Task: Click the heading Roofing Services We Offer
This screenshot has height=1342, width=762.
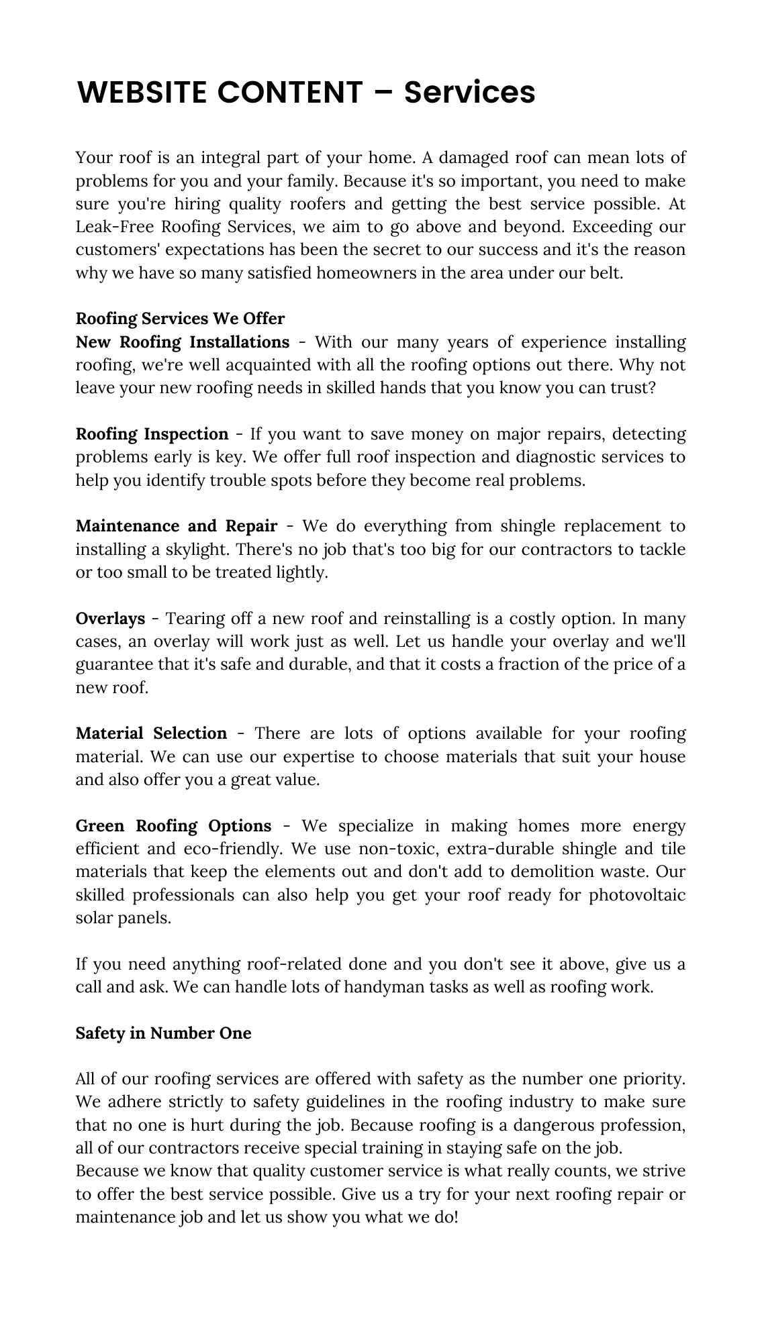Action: pos(180,318)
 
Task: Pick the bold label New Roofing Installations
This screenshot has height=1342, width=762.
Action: pos(182,342)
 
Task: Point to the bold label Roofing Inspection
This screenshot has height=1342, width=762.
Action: pos(152,434)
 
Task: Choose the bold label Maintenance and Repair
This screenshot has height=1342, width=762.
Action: pos(176,526)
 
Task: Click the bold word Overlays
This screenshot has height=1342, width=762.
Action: pos(110,618)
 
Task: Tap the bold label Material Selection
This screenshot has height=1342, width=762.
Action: pos(151,733)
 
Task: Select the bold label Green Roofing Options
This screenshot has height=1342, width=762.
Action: pos(173,825)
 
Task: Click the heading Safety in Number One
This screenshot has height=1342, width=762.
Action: pos(163,1033)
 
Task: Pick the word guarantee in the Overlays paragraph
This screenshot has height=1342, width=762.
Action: pos(113,664)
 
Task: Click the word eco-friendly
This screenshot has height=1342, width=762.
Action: pos(235,849)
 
